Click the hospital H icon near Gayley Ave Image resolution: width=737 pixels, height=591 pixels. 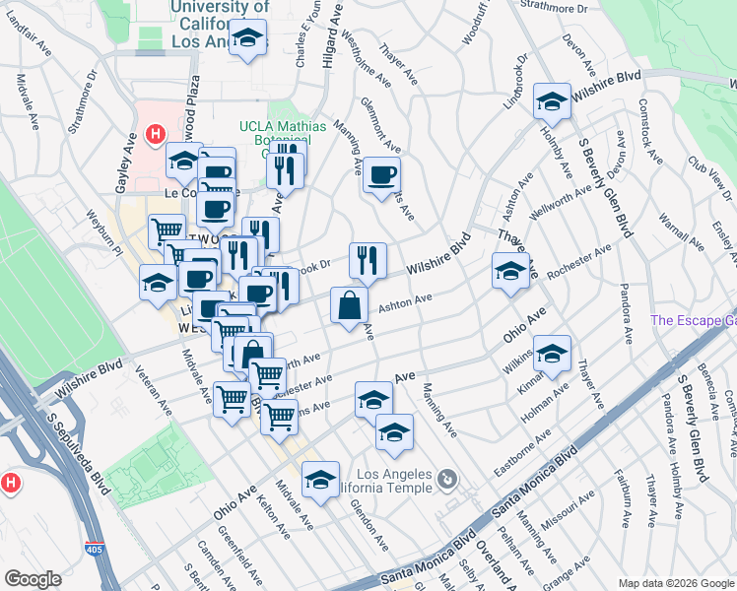pos(154,134)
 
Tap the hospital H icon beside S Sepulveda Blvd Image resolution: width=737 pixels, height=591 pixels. pos(11,484)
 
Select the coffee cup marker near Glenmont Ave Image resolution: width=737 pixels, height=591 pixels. pos(381,175)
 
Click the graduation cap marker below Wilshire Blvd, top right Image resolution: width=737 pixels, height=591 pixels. pos(552,100)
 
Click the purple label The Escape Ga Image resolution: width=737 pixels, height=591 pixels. pos(693,320)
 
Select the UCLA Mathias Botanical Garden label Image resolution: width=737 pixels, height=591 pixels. pos(275,132)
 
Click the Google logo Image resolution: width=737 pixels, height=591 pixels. pos(33,578)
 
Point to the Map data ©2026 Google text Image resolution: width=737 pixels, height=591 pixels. pos(674,583)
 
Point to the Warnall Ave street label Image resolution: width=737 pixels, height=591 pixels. pos(677,238)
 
